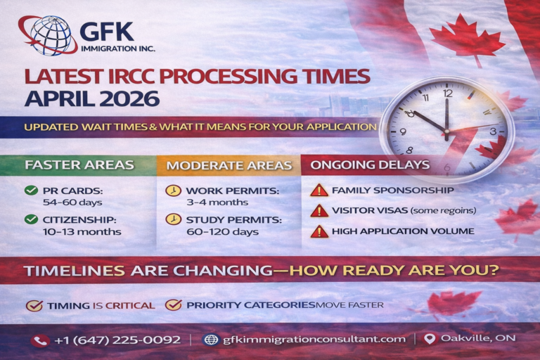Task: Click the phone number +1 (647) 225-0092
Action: coord(117,340)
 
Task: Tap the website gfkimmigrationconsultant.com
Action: coord(314,339)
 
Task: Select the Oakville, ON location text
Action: coord(477,338)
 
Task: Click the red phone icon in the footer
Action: coord(39,340)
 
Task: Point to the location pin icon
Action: coord(430,339)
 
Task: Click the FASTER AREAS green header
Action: coord(79,165)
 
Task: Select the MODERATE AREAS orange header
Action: coord(229,166)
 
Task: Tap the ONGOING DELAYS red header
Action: coord(370,165)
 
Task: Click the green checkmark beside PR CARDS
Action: coord(31,191)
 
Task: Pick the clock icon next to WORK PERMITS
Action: coord(173,191)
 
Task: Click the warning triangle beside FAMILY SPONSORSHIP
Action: coord(319,190)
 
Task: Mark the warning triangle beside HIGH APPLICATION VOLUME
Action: coord(319,231)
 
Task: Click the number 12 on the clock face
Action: coord(448,92)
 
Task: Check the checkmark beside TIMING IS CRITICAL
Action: coord(34,305)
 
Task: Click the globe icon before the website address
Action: coord(210,340)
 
